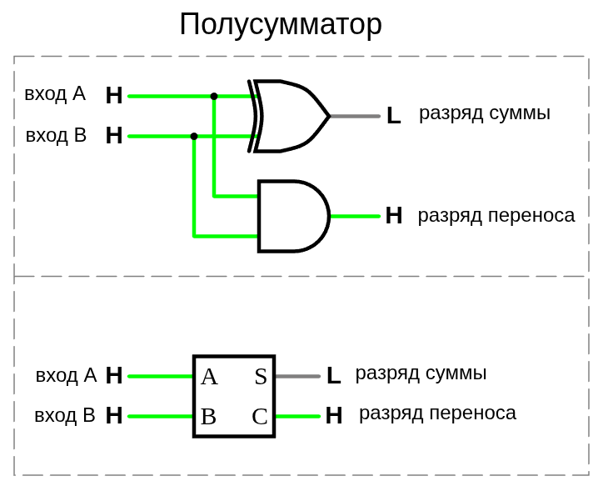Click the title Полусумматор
[280, 24]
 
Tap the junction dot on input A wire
[214, 97]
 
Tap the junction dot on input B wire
[194, 136]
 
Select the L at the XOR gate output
[393, 116]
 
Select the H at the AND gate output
[394, 216]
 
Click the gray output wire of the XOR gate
[355, 116]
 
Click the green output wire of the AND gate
[356, 216]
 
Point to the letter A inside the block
[209, 377]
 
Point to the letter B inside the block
[208, 416]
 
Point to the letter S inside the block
[261, 377]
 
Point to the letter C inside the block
[260, 416]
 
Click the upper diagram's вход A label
[55, 93]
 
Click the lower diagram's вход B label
[65, 415]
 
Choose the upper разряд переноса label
[496, 215]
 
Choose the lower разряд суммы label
[421, 373]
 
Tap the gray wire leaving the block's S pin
[297, 376]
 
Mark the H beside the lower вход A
[114, 375]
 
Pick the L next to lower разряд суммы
[333, 376]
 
